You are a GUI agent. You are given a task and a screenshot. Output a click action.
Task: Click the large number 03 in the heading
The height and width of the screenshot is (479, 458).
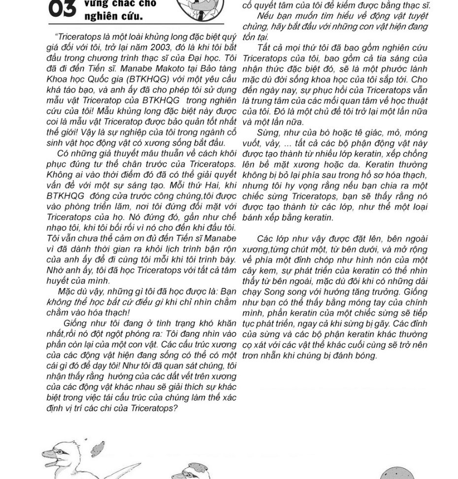(62, 8)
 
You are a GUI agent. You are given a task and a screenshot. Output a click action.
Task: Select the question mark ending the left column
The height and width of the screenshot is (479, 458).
(175, 409)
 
